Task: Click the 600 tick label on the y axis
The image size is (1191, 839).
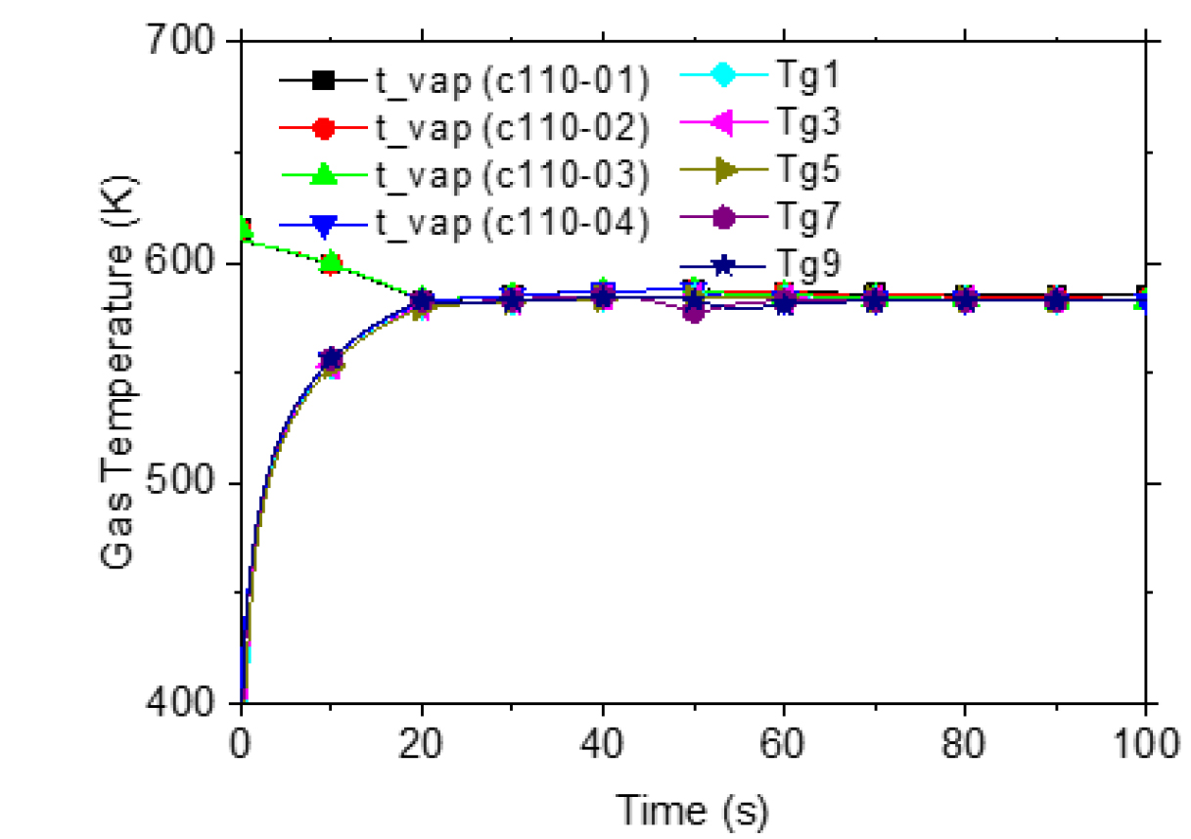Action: pyautogui.click(x=187, y=265)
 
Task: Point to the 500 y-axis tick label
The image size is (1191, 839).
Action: pyautogui.click(x=187, y=485)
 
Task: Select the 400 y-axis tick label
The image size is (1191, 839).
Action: pyautogui.click(x=187, y=704)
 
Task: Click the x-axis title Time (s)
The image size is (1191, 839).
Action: pyautogui.click(x=692, y=809)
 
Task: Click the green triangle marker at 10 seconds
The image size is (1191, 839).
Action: pyautogui.click(x=331, y=261)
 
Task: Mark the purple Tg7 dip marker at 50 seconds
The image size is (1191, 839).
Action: pyautogui.click(x=694, y=313)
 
